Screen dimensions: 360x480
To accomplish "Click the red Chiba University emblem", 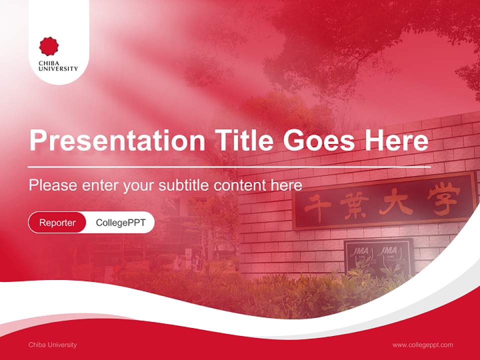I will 49,46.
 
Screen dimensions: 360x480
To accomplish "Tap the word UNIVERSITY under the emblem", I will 58,69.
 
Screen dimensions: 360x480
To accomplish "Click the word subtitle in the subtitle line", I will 185,185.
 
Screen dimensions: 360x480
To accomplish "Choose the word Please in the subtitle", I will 52,185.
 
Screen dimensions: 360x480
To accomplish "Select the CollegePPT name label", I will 120,222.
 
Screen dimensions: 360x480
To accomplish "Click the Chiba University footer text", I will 52,345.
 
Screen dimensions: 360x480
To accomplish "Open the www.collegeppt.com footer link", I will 422,345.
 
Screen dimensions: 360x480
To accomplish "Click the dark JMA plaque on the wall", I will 378,257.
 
